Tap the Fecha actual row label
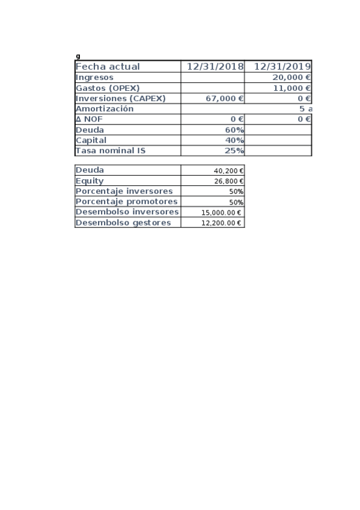click(x=108, y=67)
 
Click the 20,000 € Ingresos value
click(x=291, y=78)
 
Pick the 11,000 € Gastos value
click(x=291, y=88)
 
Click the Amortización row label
click(x=105, y=109)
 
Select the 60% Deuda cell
click(x=235, y=130)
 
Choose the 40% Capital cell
click(x=235, y=140)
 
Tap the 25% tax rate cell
click(x=235, y=151)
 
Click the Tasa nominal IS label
click(x=111, y=151)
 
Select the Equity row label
click(x=90, y=180)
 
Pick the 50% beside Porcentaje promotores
click(x=236, y=202)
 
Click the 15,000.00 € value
click(x=222, y=212)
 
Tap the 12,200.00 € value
click(x=222, y=223)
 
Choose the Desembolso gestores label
click(x=123, y=223)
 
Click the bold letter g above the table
click(x=78, y=57)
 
